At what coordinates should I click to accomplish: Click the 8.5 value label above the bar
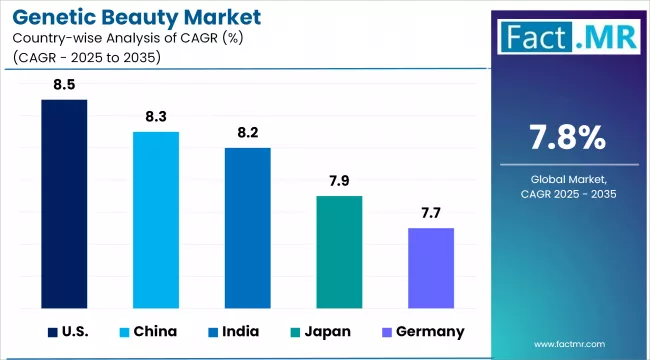click(x=64, y=84)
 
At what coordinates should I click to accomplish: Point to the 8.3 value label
click(x=156, y=116)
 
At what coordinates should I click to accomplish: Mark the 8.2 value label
click(x=247, y=132)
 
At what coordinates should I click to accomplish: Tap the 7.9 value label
click(x=339, y=180)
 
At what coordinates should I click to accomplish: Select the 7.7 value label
click(x=431, y=212)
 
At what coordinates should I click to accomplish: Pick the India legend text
click(x=240, y=331)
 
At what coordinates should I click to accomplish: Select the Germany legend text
click(x=429, y=331)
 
